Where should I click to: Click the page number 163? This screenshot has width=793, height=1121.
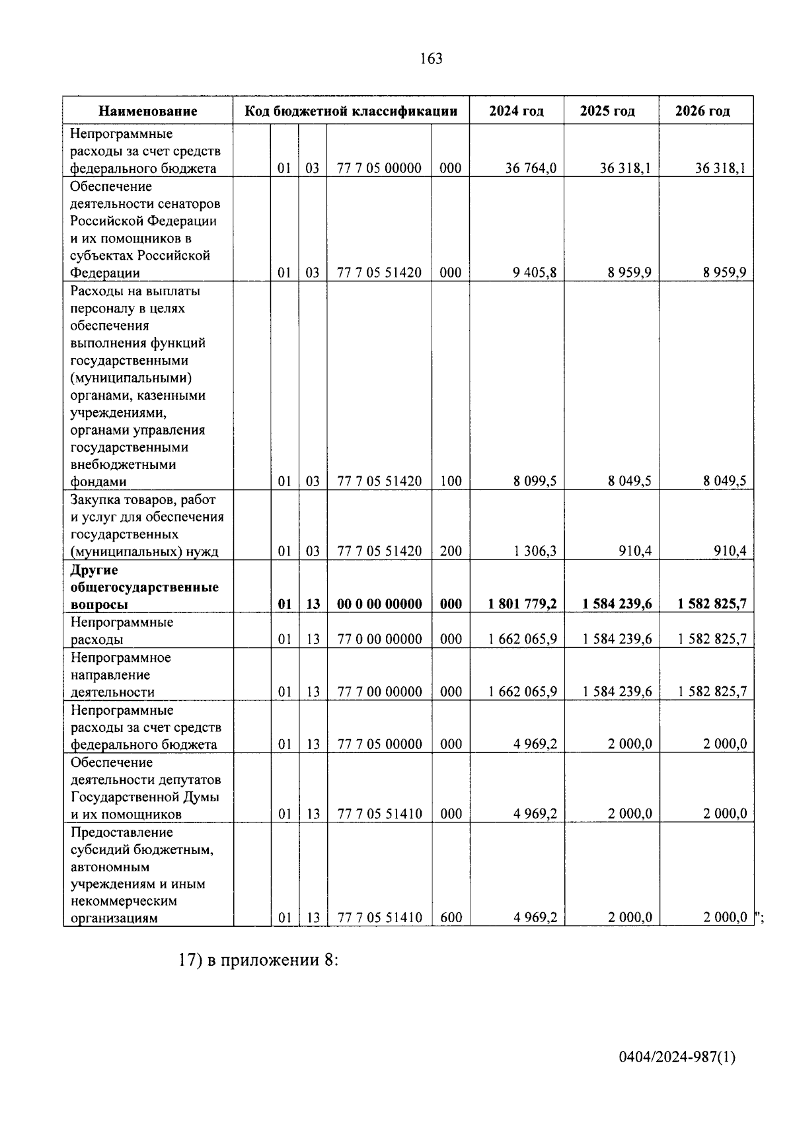coord(431,59)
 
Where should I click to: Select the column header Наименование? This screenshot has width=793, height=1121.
coord(148,111)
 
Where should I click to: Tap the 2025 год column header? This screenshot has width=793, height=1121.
coord(607,111)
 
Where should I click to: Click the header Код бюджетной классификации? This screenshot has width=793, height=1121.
coord(351,111)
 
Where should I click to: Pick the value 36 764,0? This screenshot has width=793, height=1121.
coord(531,168)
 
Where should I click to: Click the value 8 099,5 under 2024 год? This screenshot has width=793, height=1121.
coord(535,482)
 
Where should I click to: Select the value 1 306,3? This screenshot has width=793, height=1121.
coord(535,551)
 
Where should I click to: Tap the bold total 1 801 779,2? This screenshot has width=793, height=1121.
coord(522,604)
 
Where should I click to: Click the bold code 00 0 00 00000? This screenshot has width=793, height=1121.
coord(379,604)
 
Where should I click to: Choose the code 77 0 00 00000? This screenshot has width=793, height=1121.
coord(379,639)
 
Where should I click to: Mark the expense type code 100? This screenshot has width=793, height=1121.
coord(451,482)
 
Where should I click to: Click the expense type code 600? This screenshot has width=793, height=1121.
coord(451,918)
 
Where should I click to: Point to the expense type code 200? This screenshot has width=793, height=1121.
coord(451,551)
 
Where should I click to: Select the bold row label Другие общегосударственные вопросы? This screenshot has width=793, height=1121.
coord(144,587)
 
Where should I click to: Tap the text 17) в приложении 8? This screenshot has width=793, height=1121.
coord(258,960)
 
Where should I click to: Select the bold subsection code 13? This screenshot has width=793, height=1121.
coord(313,604)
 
